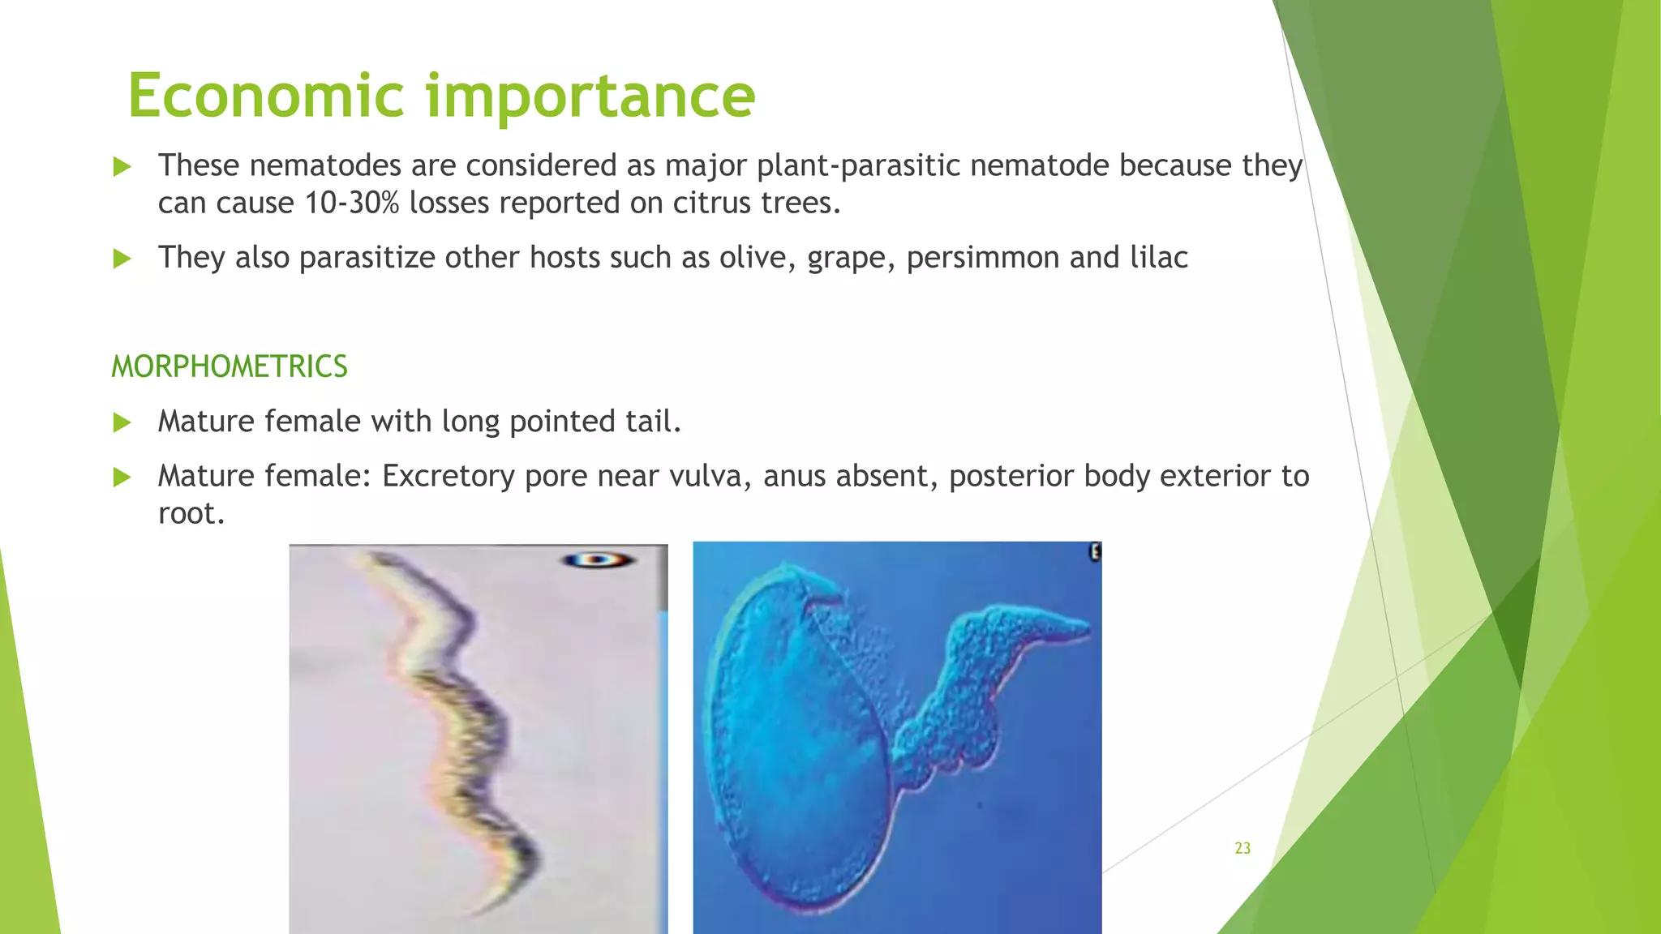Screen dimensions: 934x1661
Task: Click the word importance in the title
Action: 590,96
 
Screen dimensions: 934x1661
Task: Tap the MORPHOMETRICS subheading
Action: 230,366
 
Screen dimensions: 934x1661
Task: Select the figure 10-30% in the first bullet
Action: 352,203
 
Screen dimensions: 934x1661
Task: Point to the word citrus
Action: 712,203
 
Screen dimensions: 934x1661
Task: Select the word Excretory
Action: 448,476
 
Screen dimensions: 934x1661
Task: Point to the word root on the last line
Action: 190,513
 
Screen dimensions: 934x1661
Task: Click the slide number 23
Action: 1243,848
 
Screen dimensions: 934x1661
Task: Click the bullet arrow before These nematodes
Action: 122,167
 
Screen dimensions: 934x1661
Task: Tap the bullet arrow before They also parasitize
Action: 122,259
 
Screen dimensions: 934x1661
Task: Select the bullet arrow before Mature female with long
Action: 122,422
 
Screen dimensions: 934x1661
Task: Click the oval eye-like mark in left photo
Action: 598,559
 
